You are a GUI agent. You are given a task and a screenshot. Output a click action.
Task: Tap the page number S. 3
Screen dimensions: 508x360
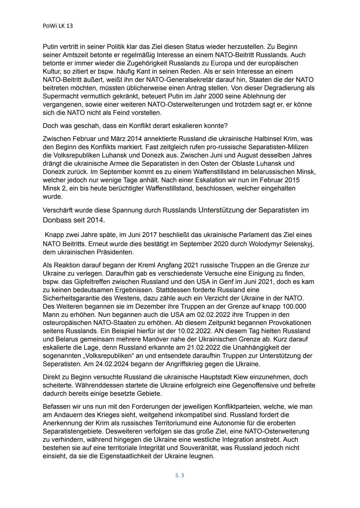pos(180,475)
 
